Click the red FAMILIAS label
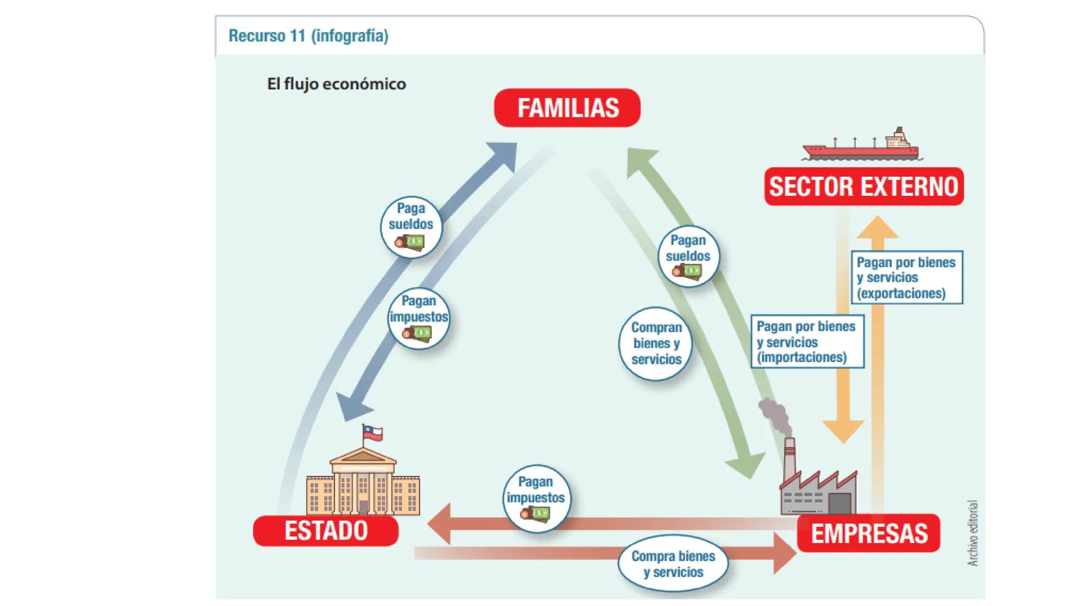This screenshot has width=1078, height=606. (x=567, y=108)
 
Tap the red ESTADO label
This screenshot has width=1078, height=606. (x=326, y=530)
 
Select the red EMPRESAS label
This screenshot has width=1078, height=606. (x=869, y=533)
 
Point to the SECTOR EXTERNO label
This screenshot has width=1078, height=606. (x=864, y=186)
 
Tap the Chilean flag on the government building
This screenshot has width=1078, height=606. (x=372, y=433)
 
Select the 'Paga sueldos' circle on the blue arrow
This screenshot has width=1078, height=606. (x=411, y=227)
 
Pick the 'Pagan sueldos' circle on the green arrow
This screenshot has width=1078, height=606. (x=688, y=256)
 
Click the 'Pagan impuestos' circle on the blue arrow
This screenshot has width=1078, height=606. (x=419, y=318)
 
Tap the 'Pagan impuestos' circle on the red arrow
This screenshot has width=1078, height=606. (x=536, y=498)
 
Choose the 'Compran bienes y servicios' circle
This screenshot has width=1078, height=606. (x=656, y=343)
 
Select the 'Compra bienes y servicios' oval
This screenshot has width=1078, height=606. (x=673, y=564)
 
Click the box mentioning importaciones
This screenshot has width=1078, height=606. (x=807, y=341)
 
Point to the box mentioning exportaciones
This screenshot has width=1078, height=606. (x=906, y=277)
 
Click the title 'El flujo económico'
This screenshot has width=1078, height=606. (x=336, y=84)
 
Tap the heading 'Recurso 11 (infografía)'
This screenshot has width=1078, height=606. (x=308, y=36)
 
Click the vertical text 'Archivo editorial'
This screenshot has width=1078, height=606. (x=974, y=533)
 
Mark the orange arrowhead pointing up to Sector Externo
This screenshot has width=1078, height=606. (x=878, y=227)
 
